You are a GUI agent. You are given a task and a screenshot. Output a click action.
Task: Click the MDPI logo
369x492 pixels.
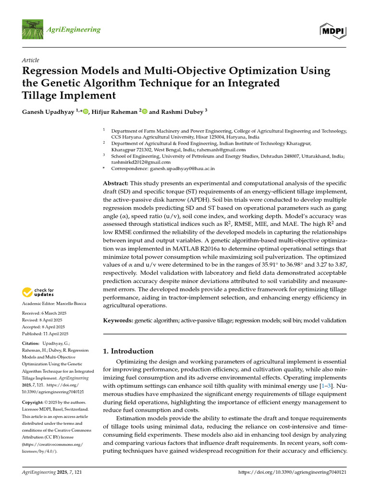(x=333, y=31)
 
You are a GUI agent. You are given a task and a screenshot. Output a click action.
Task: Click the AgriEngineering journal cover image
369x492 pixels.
(x=32, y=30)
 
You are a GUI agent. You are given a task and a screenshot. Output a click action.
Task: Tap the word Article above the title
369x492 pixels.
(x=31, y=60)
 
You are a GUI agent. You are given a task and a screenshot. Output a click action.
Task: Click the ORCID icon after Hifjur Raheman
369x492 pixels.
(x=144, y=111)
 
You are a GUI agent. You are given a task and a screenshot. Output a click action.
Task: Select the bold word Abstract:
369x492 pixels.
(x=116, y=184)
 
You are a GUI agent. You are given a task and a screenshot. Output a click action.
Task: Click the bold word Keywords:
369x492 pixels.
(x=118, y=320)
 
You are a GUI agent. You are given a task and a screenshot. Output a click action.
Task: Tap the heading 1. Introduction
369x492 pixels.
(x=129, y=351)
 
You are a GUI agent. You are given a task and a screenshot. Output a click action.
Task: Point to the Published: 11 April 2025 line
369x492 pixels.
(x=46, y=333)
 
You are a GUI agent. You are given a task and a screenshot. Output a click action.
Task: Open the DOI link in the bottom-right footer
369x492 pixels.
(x=292, y=473)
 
